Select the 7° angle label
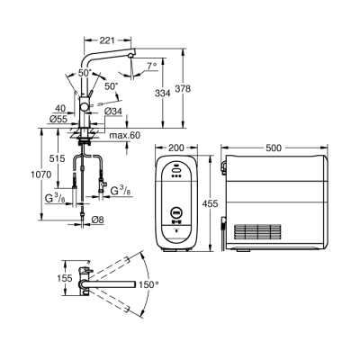click(x=154, y=66)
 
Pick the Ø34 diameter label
click(x=114, y=112)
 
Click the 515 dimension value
click(x=57, y=158)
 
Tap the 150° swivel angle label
click(x=149, y=284)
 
